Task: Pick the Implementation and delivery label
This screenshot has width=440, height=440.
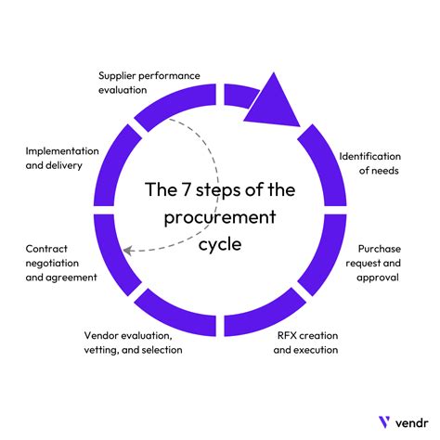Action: pos(67,158)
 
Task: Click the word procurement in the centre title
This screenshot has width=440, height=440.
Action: pos(221,219)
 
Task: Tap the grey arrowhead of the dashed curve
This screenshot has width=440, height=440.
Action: pos(130,248)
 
